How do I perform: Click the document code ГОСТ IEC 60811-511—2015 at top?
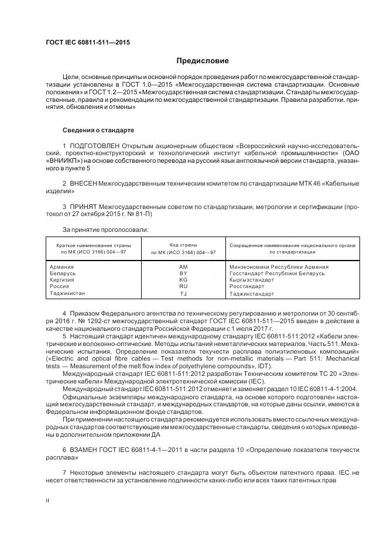pyautogui.click(x=87, y=43)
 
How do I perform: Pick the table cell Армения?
pyautogui.click(x=63, y=266)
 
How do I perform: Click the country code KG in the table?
pyautogui.click(x=183, y=280)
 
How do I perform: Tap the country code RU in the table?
pyautogui.click(x=183, y=286)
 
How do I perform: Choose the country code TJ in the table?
pyautogui.click(x=183, y=293)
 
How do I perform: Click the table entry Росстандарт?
pyautogui.click(x=246, y=286)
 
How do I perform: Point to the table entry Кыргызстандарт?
pyautogui.click(x=251, y=280)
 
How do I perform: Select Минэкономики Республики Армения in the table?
pyautogui.click(x=278, y=266)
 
